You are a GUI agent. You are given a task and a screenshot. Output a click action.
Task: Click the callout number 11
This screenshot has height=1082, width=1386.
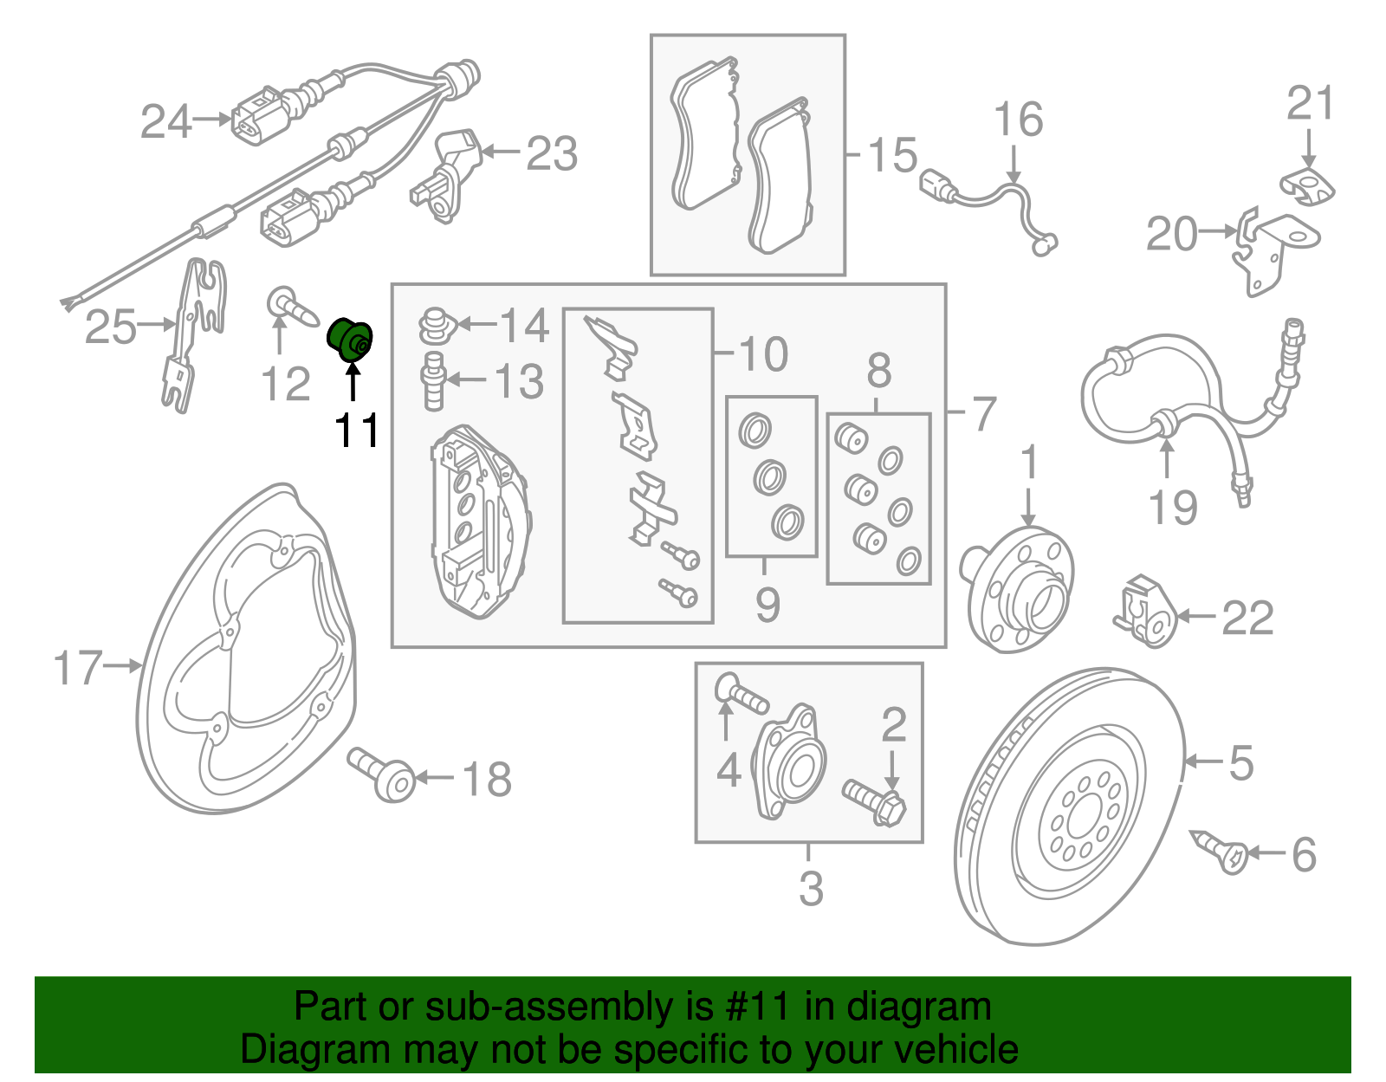coord(357,430)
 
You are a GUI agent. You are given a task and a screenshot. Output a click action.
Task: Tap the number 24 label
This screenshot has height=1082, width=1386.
coord(165,122)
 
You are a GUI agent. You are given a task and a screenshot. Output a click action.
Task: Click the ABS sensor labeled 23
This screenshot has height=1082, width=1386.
coord(451,173)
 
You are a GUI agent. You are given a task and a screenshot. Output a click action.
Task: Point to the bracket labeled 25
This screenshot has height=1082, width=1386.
coord(195,334)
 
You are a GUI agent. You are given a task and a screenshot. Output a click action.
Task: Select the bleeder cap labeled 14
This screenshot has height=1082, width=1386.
coord(437,324)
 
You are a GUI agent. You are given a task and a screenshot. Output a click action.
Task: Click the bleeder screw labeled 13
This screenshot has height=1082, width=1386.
coord(433,381)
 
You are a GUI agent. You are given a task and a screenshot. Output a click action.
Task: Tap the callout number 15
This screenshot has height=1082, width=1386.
coord(892,155)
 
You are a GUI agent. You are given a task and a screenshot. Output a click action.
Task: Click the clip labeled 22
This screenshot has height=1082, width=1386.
coord(1143,612)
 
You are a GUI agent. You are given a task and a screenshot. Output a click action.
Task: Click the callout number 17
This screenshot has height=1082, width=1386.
coord(78,668)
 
